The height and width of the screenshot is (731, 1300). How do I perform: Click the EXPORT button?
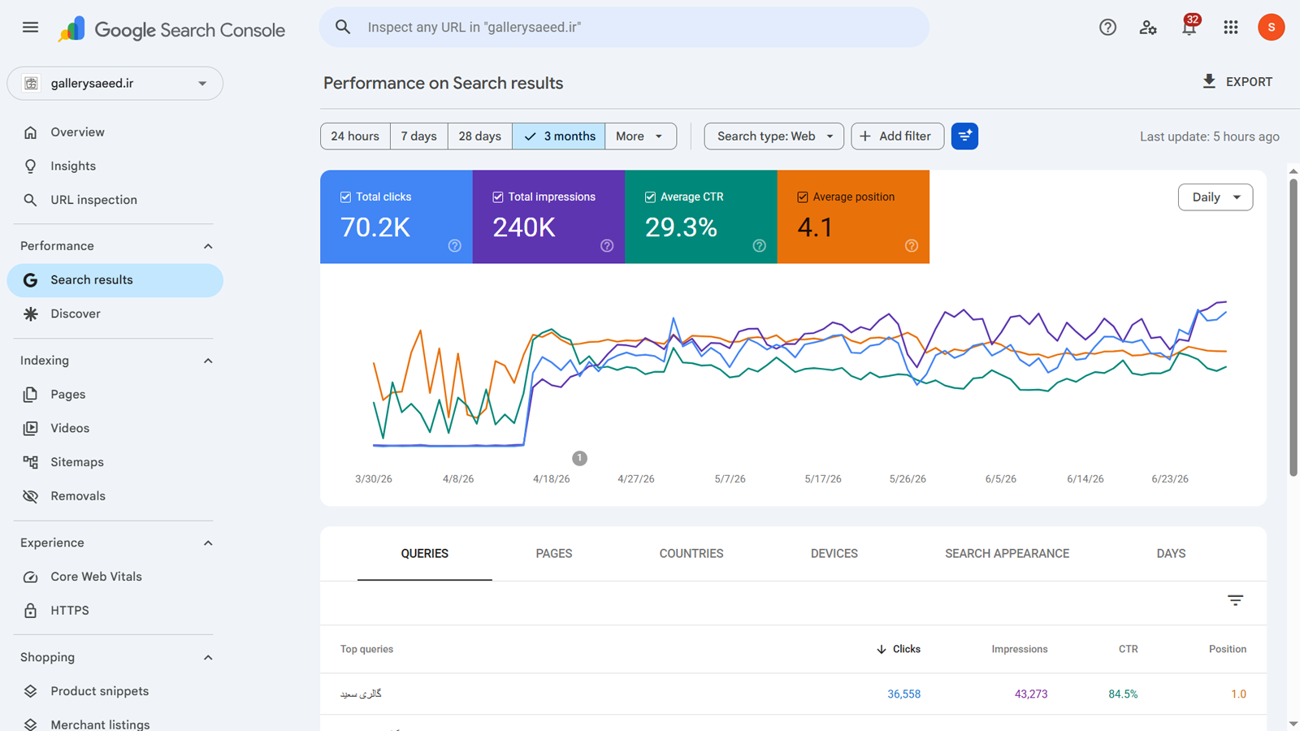pos(1237,82)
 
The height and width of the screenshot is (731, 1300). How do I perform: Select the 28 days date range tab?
pos(479,136)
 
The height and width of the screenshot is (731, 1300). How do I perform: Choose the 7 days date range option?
pos(418,136)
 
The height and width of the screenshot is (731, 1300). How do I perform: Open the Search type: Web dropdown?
pos(773,136)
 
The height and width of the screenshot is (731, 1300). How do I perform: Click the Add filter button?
pos(897,136)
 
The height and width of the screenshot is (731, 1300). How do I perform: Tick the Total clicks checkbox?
pos(345,197)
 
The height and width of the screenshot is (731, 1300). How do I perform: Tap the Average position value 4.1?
pos(815,227)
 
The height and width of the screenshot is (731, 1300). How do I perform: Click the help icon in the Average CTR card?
pos(759,246)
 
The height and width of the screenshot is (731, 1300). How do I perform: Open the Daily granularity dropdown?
pos(1215,197)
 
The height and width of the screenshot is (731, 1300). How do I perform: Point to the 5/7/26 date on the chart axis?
pos(730,479)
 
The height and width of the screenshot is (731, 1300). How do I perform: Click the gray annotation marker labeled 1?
pos(579,458)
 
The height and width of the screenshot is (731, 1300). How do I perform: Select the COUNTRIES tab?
pos(691,553)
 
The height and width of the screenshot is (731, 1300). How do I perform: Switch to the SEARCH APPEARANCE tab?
pos(1007,553)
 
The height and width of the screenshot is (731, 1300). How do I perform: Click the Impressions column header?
pos(1019,649)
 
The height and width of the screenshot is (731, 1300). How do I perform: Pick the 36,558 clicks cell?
pos(903,694)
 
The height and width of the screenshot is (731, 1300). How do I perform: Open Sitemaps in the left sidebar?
pos(76,462)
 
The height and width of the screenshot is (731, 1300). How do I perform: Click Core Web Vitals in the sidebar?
pos(96,577)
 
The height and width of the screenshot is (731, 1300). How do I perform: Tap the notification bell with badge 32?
pos(1189,27)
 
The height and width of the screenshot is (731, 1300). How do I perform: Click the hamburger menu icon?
pos(30,28)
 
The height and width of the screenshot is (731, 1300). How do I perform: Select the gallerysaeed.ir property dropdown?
pos(115,84)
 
